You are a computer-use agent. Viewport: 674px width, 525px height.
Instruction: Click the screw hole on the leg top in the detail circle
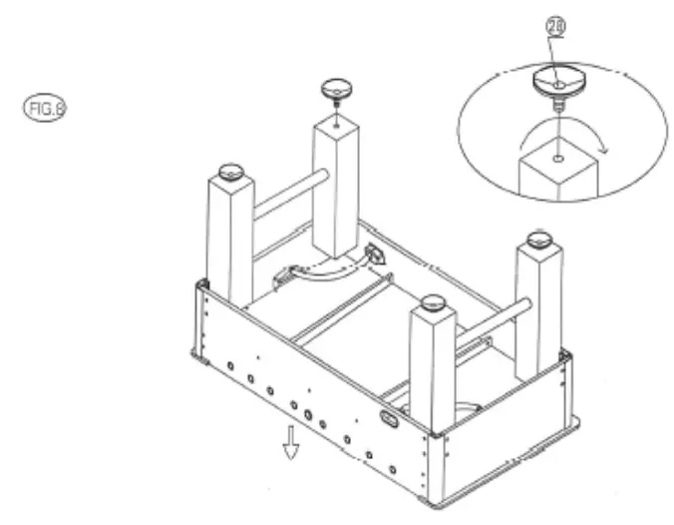(x=558, y=157)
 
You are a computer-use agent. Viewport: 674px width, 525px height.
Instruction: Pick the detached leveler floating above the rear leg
(x=335, y=91)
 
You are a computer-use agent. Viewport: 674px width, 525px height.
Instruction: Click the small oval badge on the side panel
(x=390, y=419)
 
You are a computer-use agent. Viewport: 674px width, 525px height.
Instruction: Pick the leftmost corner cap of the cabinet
(x=202, y=285)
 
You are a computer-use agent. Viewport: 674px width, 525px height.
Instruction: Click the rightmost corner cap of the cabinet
(x=564, y=355)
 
